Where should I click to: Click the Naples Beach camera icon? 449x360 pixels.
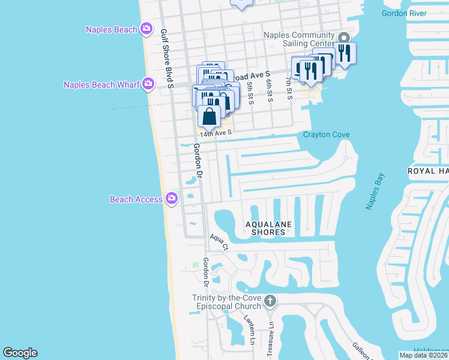pos(146,29)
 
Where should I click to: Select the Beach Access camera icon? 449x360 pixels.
pos(172,198)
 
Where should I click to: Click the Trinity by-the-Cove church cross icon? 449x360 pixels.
pos(270,300)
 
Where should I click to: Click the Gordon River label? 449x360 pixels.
pos(404,13)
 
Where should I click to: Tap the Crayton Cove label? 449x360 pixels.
pos(326,134)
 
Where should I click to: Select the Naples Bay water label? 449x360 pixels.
pos(375,191)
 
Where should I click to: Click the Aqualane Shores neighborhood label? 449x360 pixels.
pos(268,228)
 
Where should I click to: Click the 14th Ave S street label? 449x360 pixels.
pos(215,134)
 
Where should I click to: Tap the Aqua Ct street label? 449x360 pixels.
pos(219,242)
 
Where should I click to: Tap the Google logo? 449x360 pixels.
pos(20,353)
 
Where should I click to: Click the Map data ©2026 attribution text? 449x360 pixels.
pos(424,355)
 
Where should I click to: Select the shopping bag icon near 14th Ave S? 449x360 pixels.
pos(208,116)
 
